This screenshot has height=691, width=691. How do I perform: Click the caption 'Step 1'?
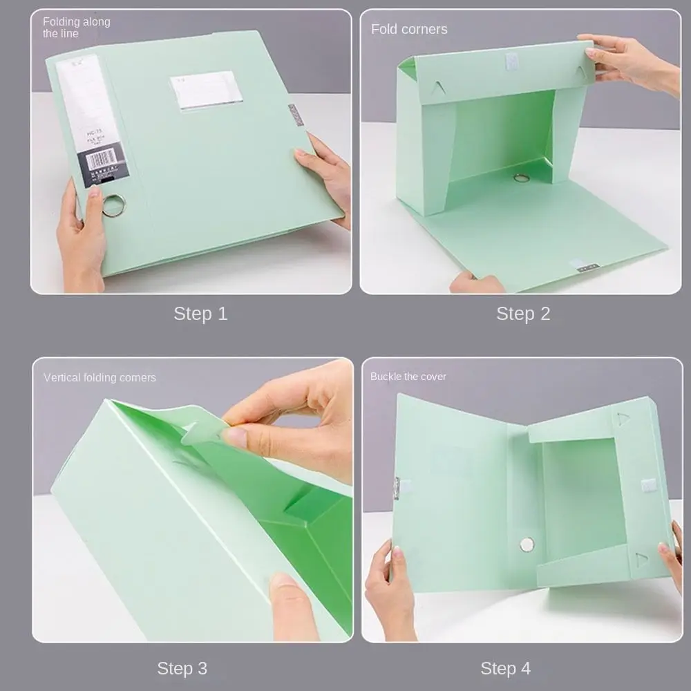tap(200, 314)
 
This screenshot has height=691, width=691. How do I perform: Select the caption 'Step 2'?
tap(523, 314)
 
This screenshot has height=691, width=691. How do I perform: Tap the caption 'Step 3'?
tap(182, 668)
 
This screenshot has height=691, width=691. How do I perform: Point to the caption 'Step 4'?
tap(506, 668)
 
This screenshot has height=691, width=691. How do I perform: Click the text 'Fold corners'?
tap(409, 29)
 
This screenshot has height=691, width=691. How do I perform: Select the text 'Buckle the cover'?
tap(408, 377)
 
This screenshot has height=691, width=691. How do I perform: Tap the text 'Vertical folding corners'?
tap(100, 377)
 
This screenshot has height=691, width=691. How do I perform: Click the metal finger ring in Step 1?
tap(114, 205)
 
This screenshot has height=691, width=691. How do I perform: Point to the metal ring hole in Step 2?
tap(521, 178)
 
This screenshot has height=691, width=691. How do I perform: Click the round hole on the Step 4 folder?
tap(527, 544)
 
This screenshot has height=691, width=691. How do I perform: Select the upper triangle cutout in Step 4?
tap(623, 419)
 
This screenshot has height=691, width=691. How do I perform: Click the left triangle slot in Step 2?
tap(437, 88)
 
